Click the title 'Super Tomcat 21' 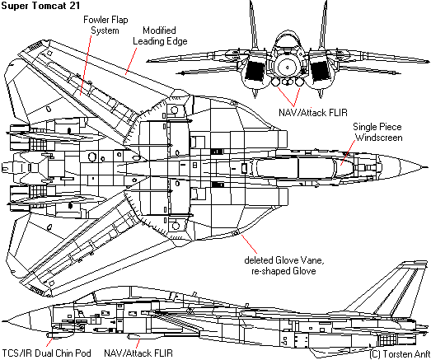click(x=40, y=6)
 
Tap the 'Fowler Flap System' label click(x=105, y=25)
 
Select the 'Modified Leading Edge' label click(x=160, y=35)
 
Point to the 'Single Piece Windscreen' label click(x=377, y=132)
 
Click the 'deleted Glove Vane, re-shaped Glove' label click(x=284, y=265)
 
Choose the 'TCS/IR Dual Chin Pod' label click(x=46, y=353)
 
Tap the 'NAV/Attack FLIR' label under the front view click(x=313, y=112)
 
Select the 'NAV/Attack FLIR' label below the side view click(x=138, y=353)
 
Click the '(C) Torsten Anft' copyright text click(x=400, y=354)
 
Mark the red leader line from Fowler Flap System click(x=86, y=65)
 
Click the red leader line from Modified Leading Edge click(x=131, y=61)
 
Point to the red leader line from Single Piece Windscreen click(x=348, y=152)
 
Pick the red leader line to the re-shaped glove click(x=249, y=244)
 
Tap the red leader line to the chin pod click(x=49, y=343)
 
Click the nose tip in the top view click(x=427, y=167)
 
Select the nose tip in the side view click(x=2, y=321)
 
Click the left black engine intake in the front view click(x=255, y=71)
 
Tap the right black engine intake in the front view click(x=319, y=71)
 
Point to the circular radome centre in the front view click(x=288, y=68)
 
